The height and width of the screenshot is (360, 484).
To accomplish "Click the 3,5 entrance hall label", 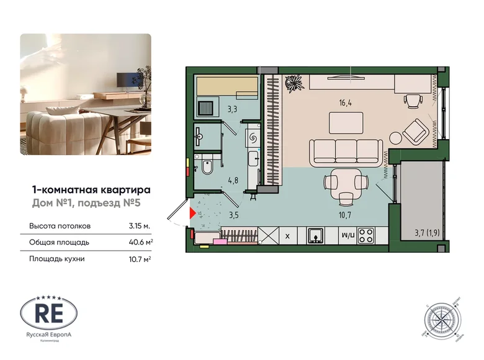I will [233, 215].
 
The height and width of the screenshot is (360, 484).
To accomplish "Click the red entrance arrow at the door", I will [192, 214].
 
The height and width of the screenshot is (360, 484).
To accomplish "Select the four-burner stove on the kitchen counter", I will [367, 236].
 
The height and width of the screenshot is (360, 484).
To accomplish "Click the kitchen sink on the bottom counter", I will [316, 236].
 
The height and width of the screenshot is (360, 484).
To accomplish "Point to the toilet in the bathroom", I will [207, 167].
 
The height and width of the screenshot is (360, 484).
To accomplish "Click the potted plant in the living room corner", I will [292, 84].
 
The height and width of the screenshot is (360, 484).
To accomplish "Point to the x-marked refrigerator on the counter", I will [287, 236].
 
